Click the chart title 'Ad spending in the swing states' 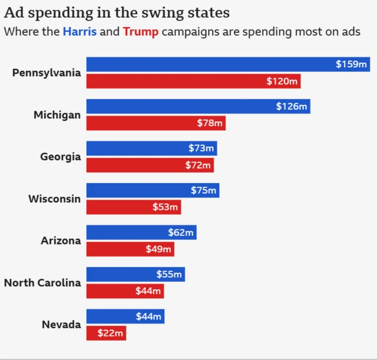[117, 12]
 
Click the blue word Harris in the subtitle [80, 31]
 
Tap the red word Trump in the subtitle [141, 31]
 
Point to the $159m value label [352, 64]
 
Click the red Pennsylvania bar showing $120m [193, 81]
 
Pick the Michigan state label [57, 115]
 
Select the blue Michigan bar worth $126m [198, 107]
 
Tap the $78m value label [210, 123]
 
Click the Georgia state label [61, 157]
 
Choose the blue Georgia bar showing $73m [151, 148]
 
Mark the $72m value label [198, 165]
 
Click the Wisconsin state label [55, 199]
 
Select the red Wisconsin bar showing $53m [134, 207]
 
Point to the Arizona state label [61, 240]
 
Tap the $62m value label [181, 233]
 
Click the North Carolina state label [42, 283]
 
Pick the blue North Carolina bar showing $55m [135, 275]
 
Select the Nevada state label [61, 325]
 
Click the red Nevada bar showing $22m [106, 333]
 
